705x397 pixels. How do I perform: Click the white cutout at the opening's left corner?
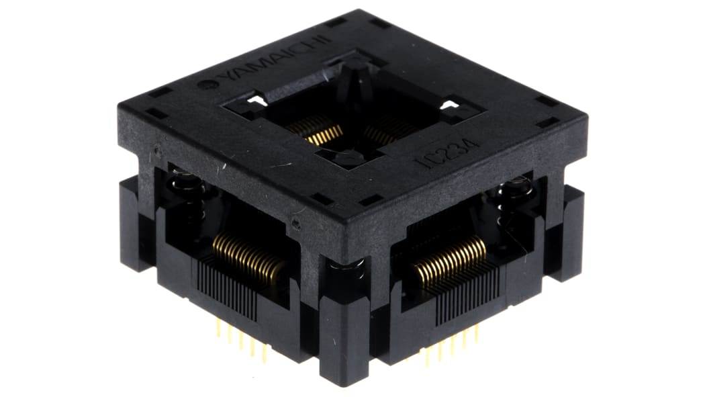(x=254, y=102)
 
